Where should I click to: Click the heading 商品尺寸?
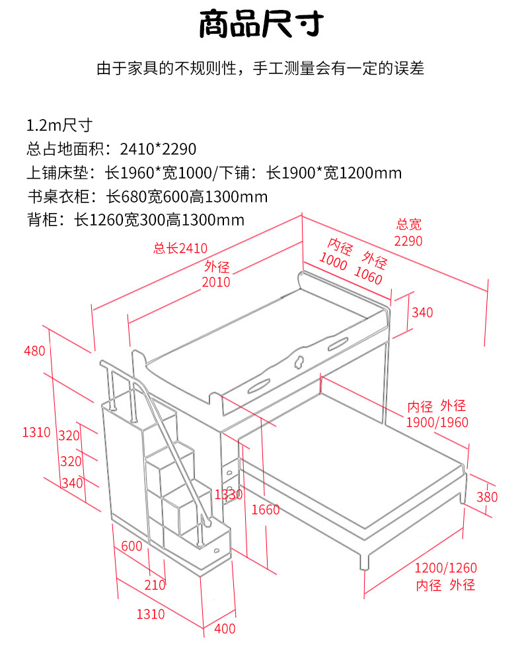(261, 26)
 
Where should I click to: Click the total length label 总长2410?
(180, 249)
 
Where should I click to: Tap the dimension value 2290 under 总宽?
(408, 241)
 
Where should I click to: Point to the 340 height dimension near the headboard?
(422, 312)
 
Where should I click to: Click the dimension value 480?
(34, 351)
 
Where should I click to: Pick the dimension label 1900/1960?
(437, 422)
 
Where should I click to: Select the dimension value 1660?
(265, 509)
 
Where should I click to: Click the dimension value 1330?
(229, 494)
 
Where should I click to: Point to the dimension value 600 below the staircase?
(132, 546)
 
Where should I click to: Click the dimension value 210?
(155, 585)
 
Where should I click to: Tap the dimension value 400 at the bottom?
(225, 629)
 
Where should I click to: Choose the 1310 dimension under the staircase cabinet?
(150, 614)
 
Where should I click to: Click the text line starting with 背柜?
(135, 220)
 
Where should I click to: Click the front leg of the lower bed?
(364, 560)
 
